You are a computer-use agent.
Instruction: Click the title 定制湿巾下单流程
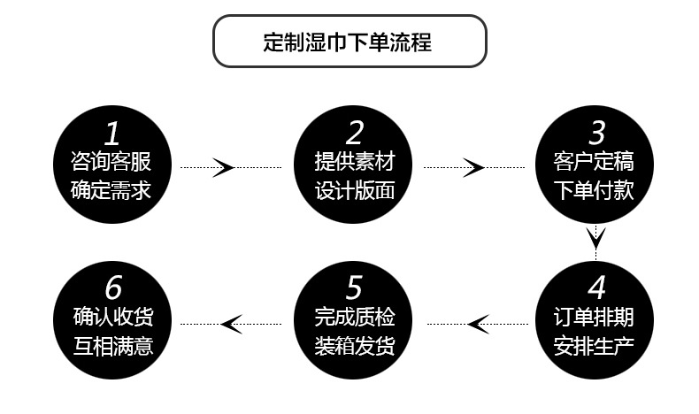click(x=349, y=42)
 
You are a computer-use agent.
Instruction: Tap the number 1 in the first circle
click(x=111, y=134)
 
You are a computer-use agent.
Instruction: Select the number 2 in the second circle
click(x=354, y=134)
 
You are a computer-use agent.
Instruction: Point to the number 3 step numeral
click(x=597, y=134)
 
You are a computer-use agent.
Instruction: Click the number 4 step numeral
click(x=597, y=288)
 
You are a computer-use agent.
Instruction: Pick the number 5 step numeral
click(x=354, y=288)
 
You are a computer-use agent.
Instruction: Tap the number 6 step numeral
click(x=111, y=288)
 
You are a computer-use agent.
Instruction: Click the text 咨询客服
click(x=111, y=162)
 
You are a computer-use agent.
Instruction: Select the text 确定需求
click(x=111, y=190)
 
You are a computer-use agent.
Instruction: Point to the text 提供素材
click(x=354, y=162)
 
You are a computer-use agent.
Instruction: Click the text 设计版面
click(x=354, y=190)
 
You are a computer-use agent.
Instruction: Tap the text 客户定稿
click(x=597, y=162)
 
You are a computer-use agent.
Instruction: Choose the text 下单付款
click(x=597, y=190)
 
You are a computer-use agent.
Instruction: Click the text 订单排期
click(x=597, y=317)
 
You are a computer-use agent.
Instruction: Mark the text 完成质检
click(x=354, y=317)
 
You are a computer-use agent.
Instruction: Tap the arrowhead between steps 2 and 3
click(x=475, y=166)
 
